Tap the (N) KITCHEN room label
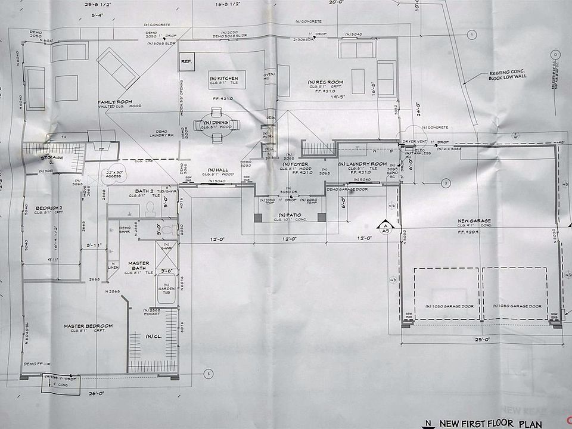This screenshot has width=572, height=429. point(223,79)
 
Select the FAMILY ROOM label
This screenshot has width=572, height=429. point(115,102)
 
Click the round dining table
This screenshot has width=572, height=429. point(217,126)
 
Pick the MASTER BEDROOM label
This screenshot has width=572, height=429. point(88,326)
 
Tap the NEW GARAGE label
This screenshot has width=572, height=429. point(474,221)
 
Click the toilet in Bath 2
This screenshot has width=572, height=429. point(150,207)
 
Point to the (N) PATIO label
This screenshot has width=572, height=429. point(290,214)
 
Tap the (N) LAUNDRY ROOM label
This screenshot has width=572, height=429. point(362,164)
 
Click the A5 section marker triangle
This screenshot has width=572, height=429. point(385,225)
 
